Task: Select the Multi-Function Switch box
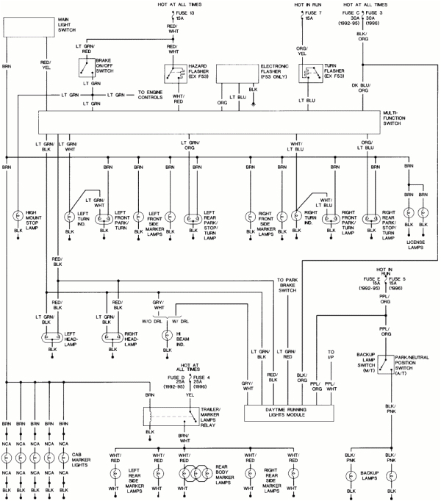[209, 120]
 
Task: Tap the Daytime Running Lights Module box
[290, 412]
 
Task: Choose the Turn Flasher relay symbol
[309, 75]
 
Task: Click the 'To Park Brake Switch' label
[291, 285]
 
